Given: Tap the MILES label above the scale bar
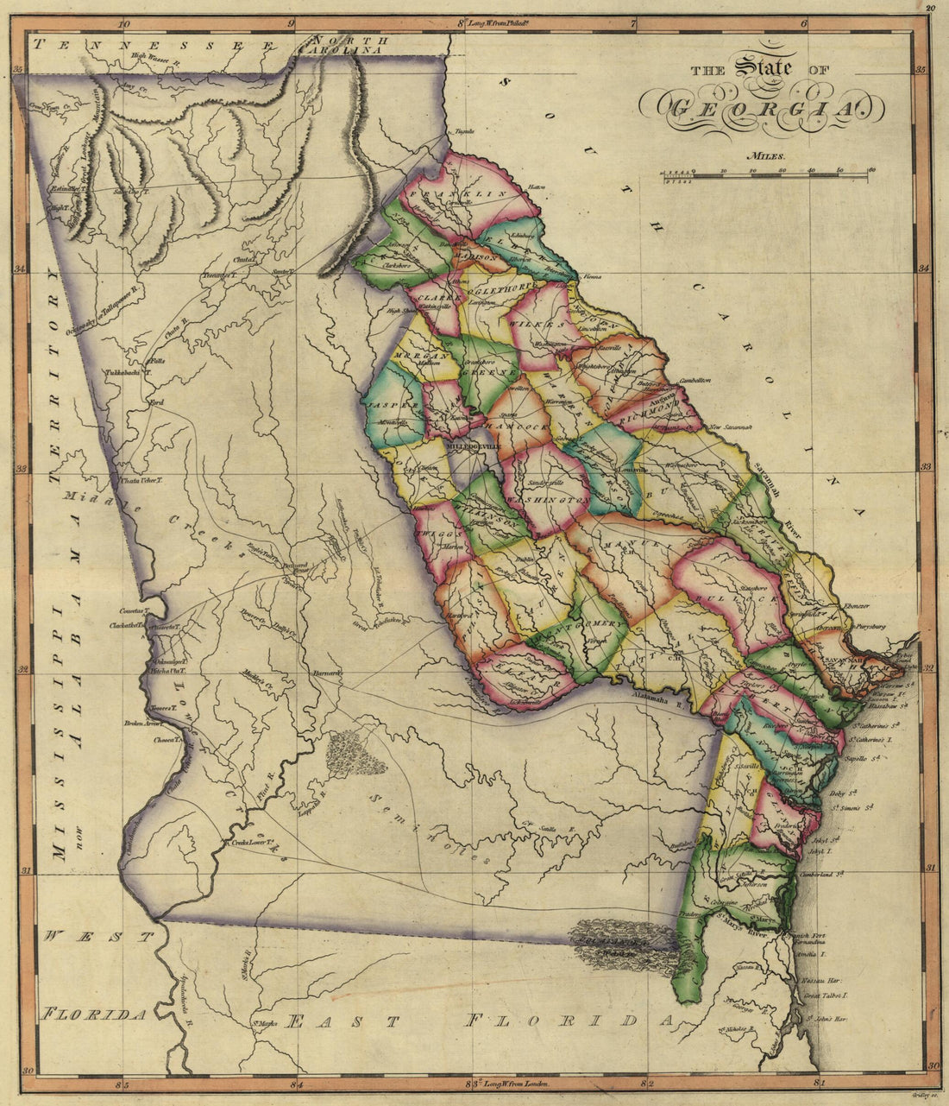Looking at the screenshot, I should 765,157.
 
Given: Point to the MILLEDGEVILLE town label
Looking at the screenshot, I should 473,446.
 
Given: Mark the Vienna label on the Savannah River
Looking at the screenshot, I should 590,277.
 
